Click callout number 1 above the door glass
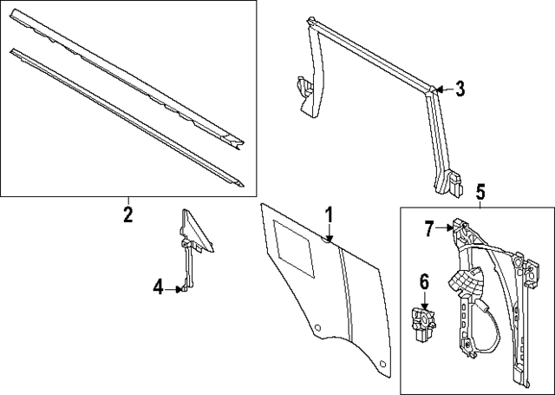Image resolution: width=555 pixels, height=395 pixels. [x=330, y=214]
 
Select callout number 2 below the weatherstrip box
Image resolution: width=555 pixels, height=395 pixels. [x=127, y=214]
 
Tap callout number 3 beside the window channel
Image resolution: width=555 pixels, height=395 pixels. [x=460, y=88]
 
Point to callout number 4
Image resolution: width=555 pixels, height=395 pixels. [x=158, y=286]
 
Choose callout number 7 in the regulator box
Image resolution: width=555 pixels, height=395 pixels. [x=428, y=228]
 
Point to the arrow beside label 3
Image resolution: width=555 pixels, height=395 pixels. [x=441, y=88]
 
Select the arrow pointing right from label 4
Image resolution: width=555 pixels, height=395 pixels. [x=176, y=287]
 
